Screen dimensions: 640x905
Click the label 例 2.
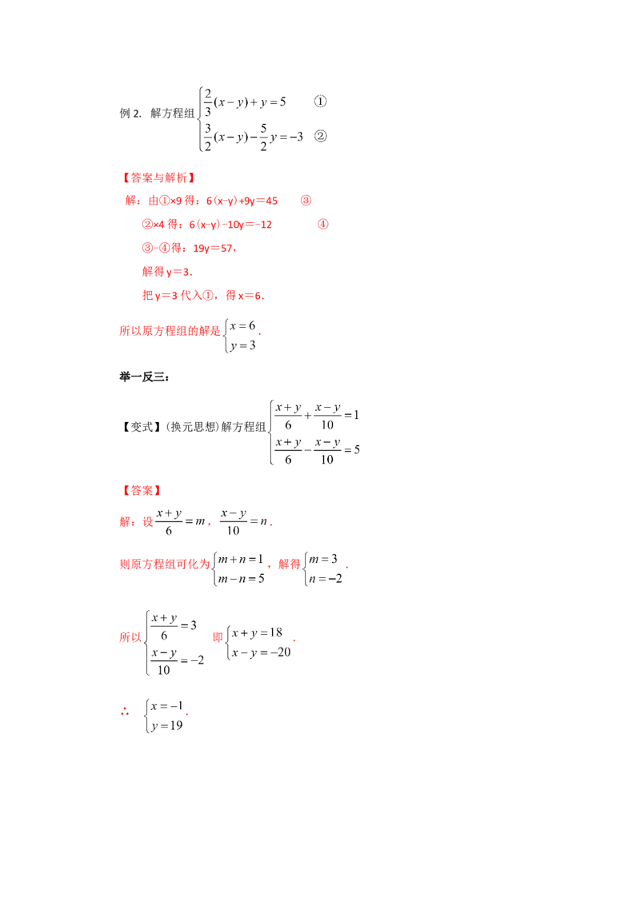(130, 114)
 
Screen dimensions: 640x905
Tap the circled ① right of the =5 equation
(320, 102)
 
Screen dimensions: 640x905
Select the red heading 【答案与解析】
(159, 177)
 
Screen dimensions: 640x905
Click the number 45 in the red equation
(271, 201)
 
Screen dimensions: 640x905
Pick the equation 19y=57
(213, 248)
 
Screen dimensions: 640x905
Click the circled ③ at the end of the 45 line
(306, 201)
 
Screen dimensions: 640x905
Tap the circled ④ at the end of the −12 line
(323, 224)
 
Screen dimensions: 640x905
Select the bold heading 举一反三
(144, 377)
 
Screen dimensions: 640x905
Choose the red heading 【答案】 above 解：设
(142, 491)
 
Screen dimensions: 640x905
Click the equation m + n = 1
(240, 559)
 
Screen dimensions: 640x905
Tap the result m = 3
(323, 559)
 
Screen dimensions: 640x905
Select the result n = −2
(325, 578)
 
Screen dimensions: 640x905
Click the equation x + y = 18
(257, 632)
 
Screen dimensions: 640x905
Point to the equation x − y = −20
(261, 652)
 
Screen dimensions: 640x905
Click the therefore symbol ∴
(125, 712)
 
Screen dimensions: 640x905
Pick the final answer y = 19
(167, 726)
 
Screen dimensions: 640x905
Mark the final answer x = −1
(167, 706)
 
